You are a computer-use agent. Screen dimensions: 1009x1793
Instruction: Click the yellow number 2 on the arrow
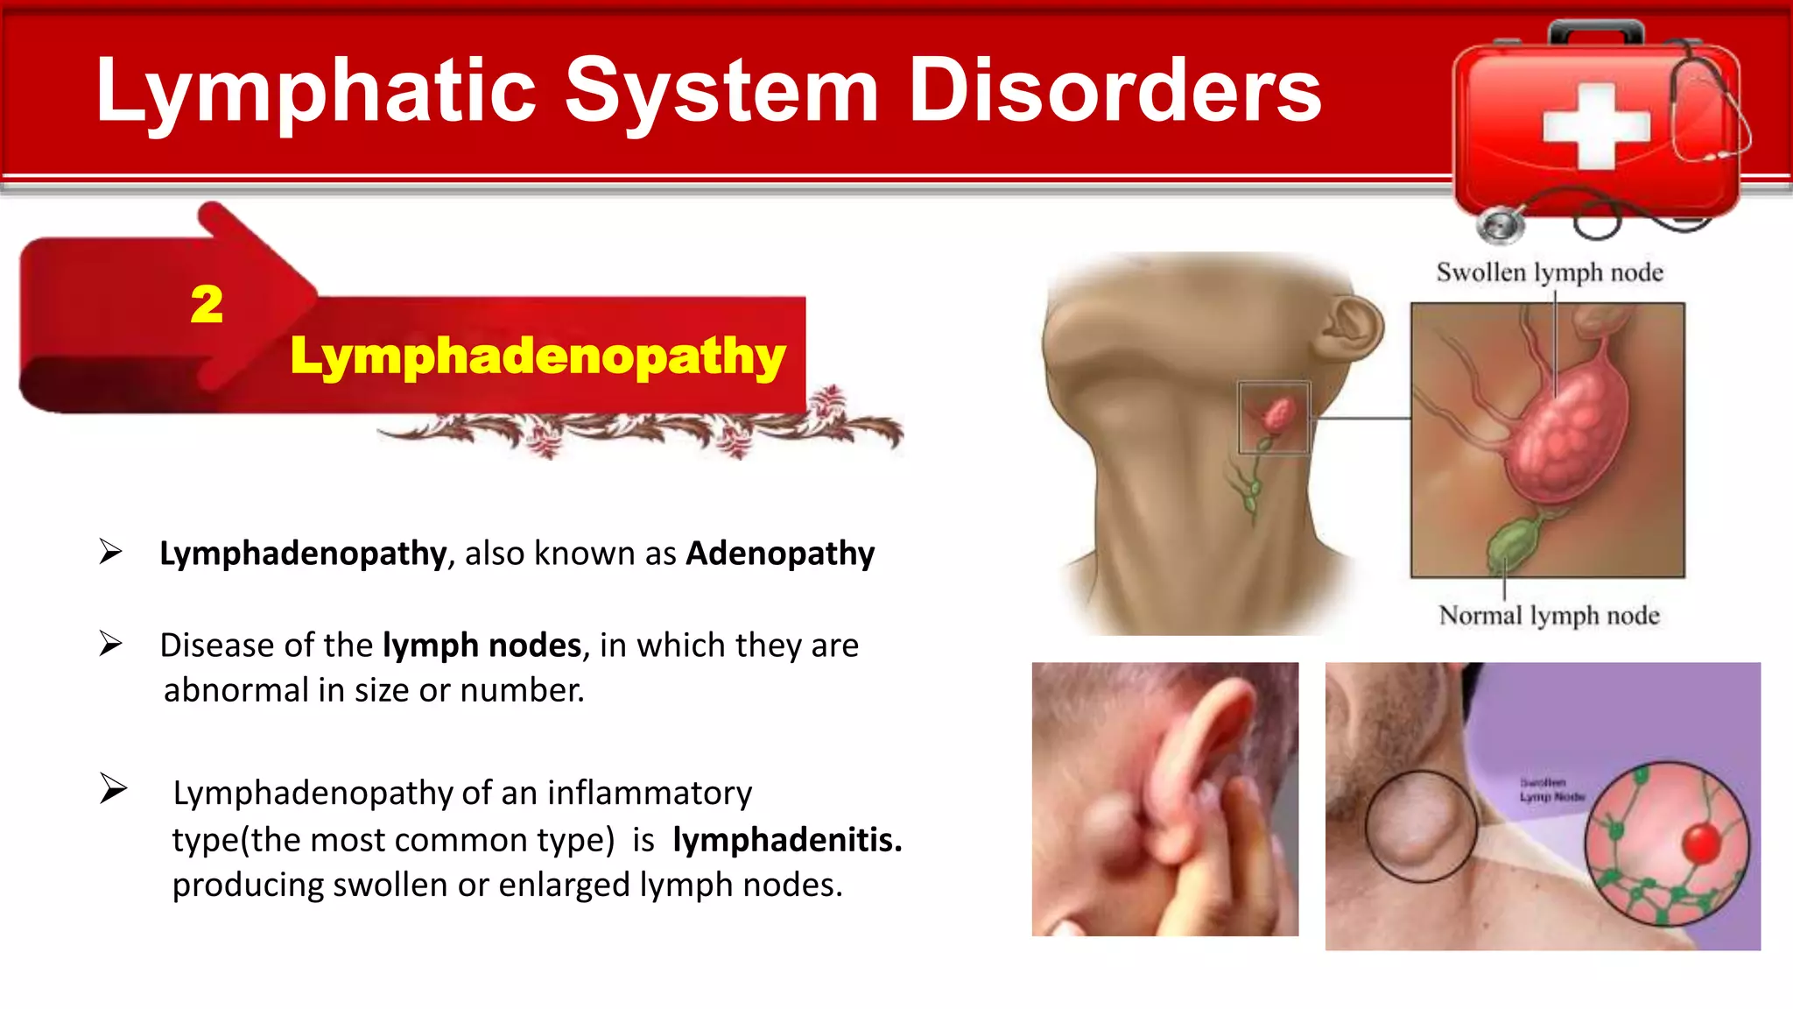point(207,305)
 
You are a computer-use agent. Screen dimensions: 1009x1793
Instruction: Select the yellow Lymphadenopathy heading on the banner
point(538,356)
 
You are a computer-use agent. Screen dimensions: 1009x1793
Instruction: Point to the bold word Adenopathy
point(780,554)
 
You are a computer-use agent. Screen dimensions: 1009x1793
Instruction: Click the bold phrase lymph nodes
point(482,646)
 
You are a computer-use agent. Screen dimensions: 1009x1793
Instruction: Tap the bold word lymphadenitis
point(786,840)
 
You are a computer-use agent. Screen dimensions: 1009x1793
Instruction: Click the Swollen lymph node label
point(1549,272)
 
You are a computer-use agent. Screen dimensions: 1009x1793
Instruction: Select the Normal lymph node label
point(1549,616)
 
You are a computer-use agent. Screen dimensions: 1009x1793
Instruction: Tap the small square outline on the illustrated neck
point(1274,418)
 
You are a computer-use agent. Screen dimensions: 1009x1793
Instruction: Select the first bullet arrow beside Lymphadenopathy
point(110,552)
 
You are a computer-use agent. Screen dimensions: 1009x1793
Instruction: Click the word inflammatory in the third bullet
point(649,794)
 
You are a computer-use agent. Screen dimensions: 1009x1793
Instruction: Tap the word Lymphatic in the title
point(315,90)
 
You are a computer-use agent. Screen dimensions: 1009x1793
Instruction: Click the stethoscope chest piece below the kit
point(1500,225)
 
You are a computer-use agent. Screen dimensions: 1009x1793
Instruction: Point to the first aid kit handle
point(1595,32)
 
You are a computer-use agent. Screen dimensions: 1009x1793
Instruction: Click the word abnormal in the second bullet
point(236,691)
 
